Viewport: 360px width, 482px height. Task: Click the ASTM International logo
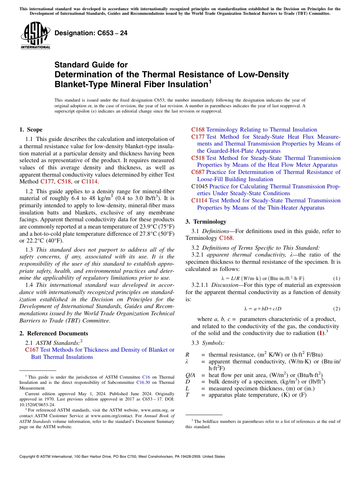[35, 36]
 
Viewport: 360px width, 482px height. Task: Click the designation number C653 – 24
[91, 33]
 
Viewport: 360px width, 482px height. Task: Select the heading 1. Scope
[31, 130]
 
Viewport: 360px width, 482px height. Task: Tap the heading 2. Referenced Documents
[54, 333]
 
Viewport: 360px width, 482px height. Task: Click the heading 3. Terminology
[206, 222]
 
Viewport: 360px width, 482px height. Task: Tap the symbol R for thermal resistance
[187, 355]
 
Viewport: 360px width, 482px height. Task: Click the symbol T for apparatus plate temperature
[187, 395]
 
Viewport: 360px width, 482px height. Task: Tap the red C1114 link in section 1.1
[89, 186]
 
